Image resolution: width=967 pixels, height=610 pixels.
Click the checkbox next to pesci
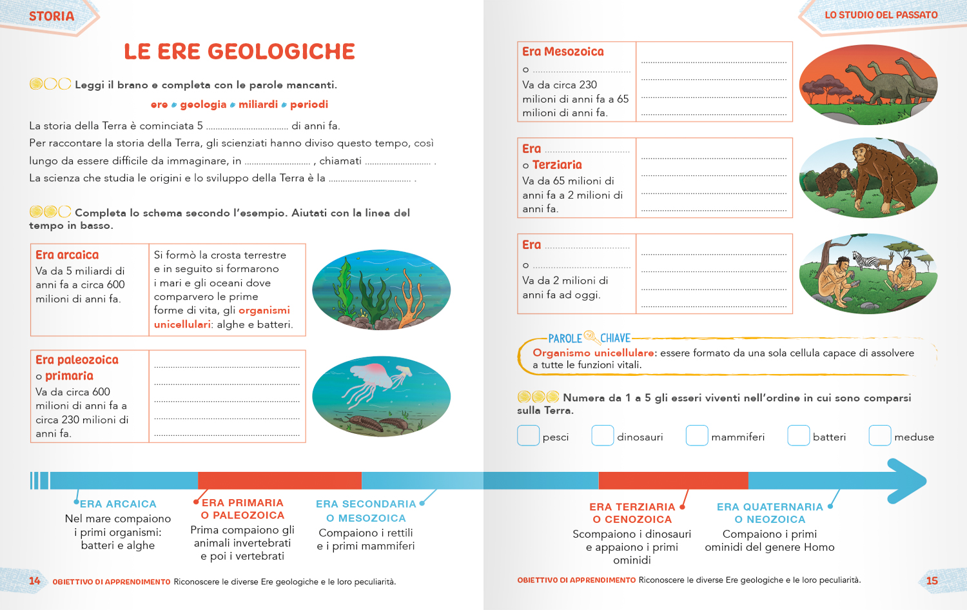tap(528, 436)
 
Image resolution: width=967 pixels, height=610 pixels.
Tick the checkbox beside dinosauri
tap(603, 436)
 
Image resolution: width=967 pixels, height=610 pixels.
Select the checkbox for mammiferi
tap(697, 436)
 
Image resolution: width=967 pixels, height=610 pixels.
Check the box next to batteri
tap(798, 436)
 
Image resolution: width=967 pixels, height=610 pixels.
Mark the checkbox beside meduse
tap(880, 436)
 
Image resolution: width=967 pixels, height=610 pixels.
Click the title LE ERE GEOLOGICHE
tap(239, 52)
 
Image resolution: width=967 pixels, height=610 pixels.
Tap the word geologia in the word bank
tap(203, 104)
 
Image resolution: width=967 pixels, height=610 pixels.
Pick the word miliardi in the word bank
tap(258, 104)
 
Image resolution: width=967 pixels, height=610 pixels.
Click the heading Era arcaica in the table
tap(67, 255)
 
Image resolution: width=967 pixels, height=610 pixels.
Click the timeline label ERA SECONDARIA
tap(366, 504)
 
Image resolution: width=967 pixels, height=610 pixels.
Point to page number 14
tap(35, 581)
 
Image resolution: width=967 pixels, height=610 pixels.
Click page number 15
tap(932, 581)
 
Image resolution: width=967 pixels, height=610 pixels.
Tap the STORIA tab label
tap(52, 17)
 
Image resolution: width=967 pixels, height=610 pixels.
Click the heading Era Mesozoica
tap(563, 52)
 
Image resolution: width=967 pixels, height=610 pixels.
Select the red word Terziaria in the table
tap(557, 165)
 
